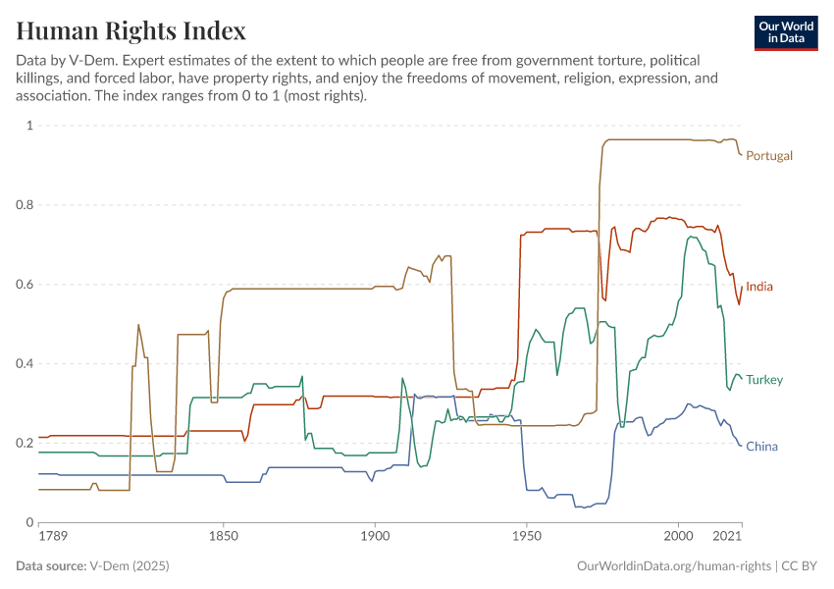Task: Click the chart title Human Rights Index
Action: pos(130,30)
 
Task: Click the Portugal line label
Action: pos(769,155)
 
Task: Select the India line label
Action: pos(759,287)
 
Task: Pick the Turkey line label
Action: pos(764,380)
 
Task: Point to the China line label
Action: pos(761,447)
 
